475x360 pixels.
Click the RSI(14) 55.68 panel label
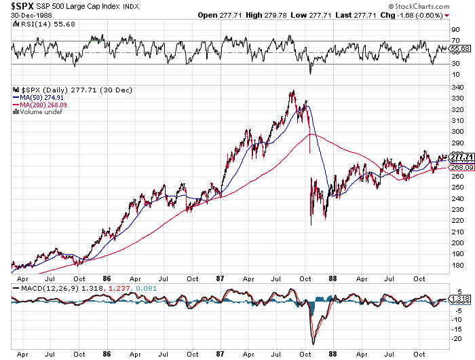pyautogui.click(x=38, y=24)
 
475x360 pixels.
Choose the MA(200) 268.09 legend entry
pyautogui.click(x=41, y=105)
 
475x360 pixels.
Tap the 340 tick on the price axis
pyautogui.click(x=457, y=88)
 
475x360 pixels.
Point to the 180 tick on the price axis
pyautogui.click(x=457, y=265)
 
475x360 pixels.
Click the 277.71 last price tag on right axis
pyautogui.click(x=461, y=157)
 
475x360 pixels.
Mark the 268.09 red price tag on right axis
pyautogui.click(x=461, y=167)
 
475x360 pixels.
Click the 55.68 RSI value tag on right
pyautogui.click(x=461, y=49)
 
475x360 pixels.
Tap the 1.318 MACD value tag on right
pyautogui.click(x=461, y=299)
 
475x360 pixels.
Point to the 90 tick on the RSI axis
pyautogui.click(x=456, y=30)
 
